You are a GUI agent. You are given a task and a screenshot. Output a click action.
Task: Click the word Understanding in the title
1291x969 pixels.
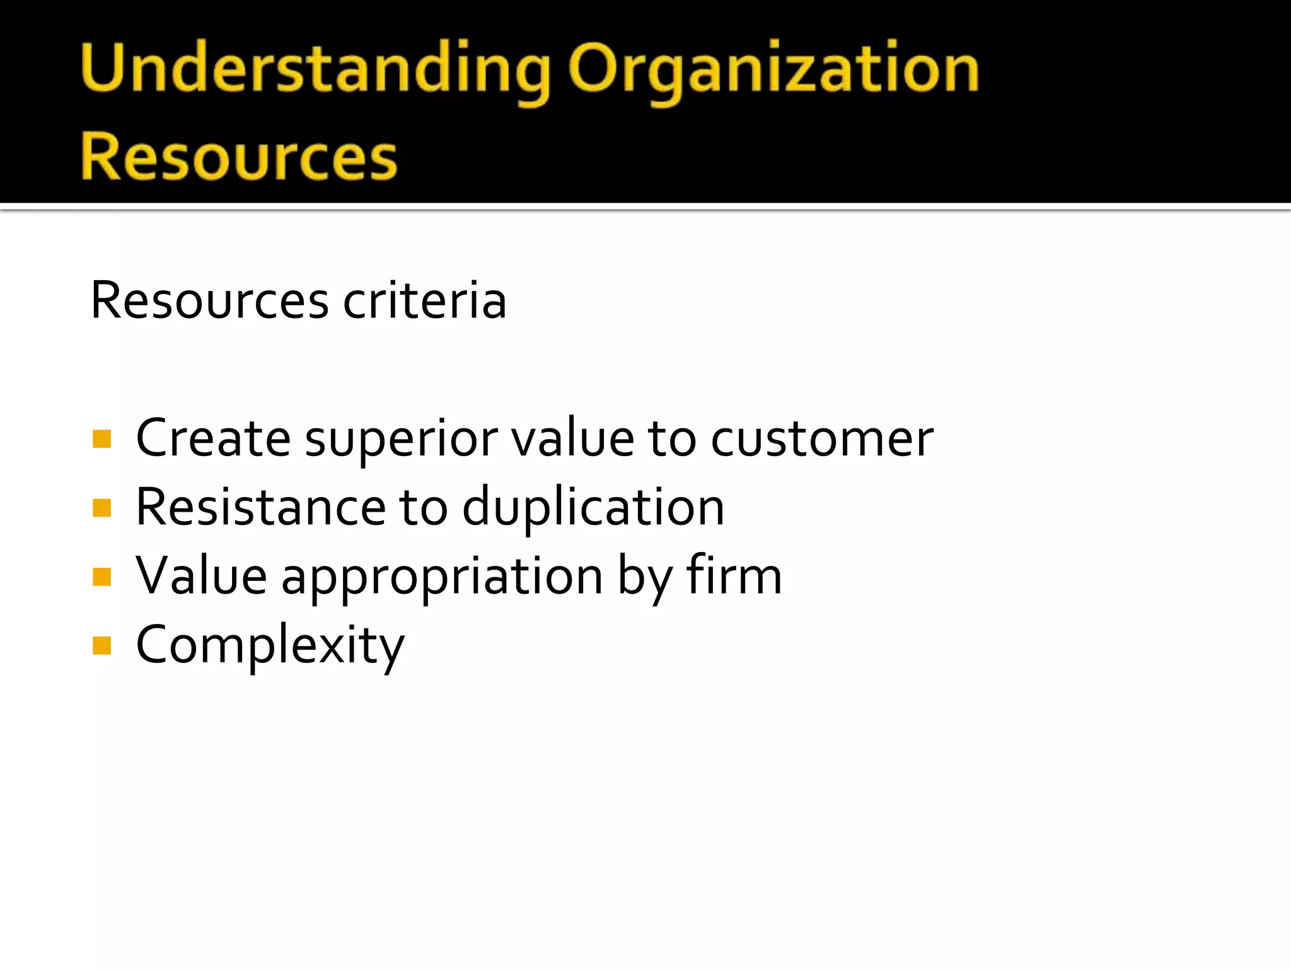pos(314,68)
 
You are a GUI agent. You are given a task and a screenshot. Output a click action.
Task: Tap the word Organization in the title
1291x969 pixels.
pos(773,68)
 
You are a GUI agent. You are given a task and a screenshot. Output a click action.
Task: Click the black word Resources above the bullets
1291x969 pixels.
pos(209,300)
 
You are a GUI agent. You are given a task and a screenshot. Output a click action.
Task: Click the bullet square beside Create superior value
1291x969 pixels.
pos(101,438)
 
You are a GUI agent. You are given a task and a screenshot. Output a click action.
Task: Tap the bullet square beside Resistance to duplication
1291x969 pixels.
pos(101,508)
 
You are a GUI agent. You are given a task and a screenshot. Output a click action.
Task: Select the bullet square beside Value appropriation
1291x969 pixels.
pos(101,577)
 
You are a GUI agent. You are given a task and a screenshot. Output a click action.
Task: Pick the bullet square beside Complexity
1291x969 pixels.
pos(101,645)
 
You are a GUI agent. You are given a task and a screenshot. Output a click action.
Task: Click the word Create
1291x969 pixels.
pos(213,438)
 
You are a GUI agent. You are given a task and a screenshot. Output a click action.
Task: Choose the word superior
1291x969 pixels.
pos(402,439)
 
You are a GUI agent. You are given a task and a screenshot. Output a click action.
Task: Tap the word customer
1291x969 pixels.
pos(822,438)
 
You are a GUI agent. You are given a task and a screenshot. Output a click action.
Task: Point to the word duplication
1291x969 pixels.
pos(593,508)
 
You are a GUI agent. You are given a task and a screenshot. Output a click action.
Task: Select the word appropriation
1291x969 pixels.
pos(442,577)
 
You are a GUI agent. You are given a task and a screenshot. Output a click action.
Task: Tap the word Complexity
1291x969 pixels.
pos(270,645)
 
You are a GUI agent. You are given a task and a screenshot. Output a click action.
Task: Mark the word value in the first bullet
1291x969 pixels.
pos(572,438)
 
